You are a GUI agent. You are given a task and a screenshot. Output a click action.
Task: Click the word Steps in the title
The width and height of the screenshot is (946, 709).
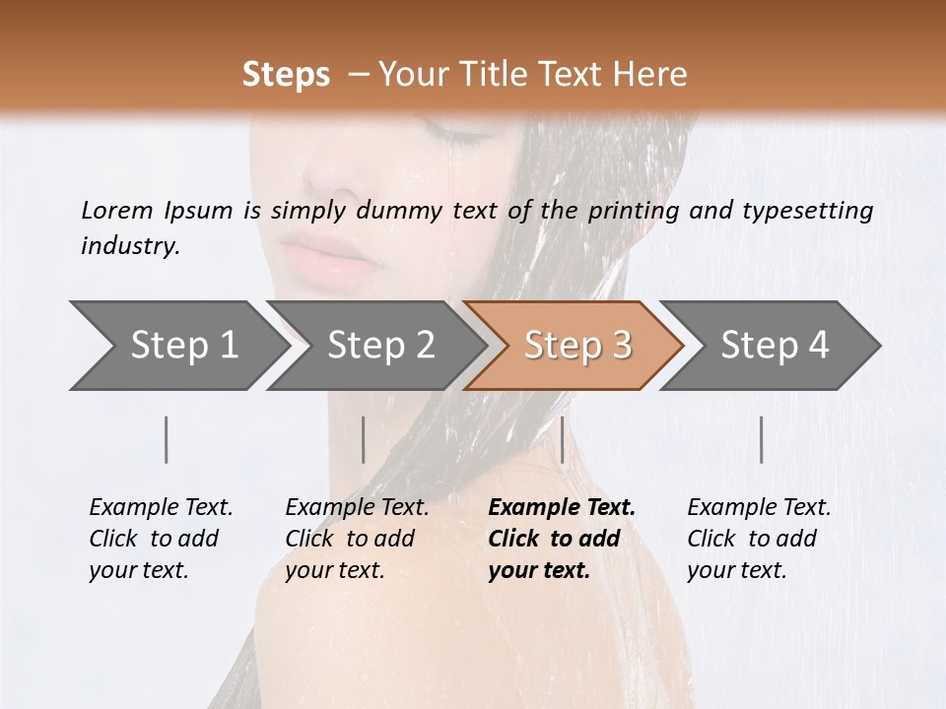(286, 74)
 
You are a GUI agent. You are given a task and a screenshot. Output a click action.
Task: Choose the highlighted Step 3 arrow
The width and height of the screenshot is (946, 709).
(577, 346)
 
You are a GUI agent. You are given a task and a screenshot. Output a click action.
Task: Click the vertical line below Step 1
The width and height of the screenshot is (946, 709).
(167, 439)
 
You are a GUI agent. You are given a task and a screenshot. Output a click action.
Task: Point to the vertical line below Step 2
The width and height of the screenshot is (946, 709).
(364, 439)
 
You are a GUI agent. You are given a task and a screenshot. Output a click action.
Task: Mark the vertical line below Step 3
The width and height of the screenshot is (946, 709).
(562, 439)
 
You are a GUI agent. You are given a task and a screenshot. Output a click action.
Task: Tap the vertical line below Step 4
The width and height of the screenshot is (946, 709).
(761, 439)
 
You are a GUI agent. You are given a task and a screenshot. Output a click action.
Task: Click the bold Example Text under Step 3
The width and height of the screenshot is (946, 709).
(562, 507)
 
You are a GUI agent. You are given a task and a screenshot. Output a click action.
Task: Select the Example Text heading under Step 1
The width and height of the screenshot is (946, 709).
(161, 507)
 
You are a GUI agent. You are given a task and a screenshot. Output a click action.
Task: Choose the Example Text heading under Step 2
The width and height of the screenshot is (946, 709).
(357, 507)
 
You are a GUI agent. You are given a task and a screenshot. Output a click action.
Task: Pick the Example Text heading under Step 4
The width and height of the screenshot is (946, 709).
(759, 507)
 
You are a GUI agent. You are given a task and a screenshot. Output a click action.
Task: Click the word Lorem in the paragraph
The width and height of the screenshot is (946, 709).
(116, 210)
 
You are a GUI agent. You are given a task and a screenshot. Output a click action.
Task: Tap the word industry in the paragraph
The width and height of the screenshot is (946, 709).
(128, 246)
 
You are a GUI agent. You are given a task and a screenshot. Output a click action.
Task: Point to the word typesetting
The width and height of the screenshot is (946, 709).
(800, 210)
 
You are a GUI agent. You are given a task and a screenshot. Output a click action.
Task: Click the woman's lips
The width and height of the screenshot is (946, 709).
(330, 257)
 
